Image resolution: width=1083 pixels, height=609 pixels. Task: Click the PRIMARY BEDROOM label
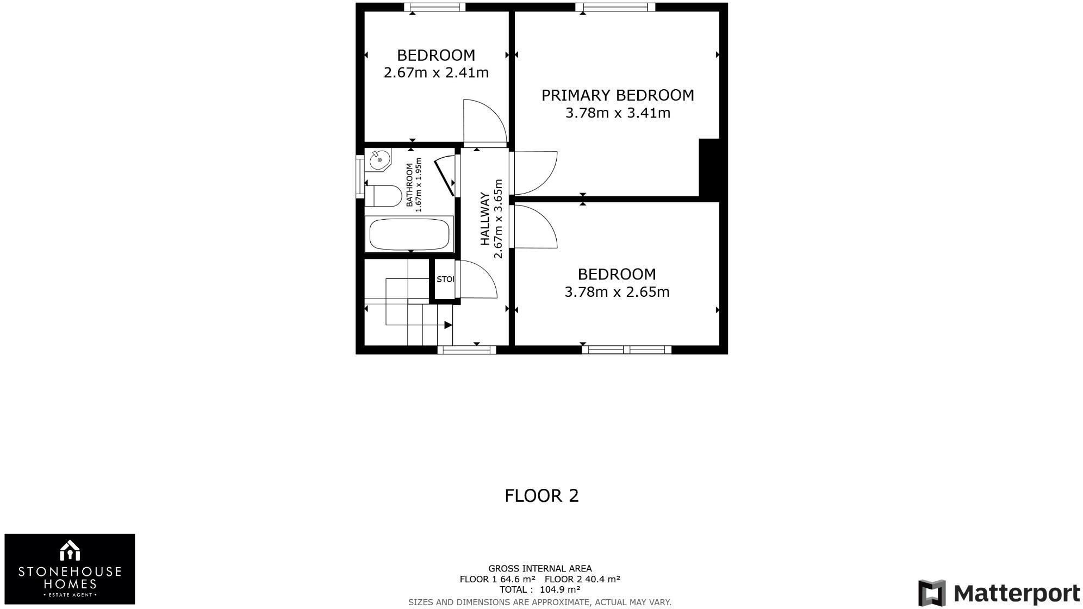[618, 95]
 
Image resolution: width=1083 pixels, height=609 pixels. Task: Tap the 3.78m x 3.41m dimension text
[618, 113]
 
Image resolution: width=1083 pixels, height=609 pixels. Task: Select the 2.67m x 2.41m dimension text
[436, 72]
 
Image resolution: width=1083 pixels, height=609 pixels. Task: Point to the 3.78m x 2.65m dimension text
[617, 292]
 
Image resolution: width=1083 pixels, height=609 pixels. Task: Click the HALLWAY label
[484, 219]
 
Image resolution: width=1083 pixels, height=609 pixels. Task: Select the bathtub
[409, 234]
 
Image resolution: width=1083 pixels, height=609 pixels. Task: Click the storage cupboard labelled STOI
[445, 279]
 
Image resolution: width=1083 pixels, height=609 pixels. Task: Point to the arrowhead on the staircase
[448, 325]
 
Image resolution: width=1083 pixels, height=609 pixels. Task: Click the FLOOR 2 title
[541, 496]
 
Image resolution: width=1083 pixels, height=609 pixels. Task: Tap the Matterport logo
[999, 593]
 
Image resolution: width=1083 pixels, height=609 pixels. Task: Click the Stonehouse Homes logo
[70, 569]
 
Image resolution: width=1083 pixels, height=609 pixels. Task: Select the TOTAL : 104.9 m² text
[540, 589]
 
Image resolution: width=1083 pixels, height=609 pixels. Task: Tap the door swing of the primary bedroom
[536, 172]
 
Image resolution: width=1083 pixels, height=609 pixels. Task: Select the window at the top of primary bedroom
[615, 7]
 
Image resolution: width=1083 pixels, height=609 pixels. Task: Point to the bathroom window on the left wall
[359, 176]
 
